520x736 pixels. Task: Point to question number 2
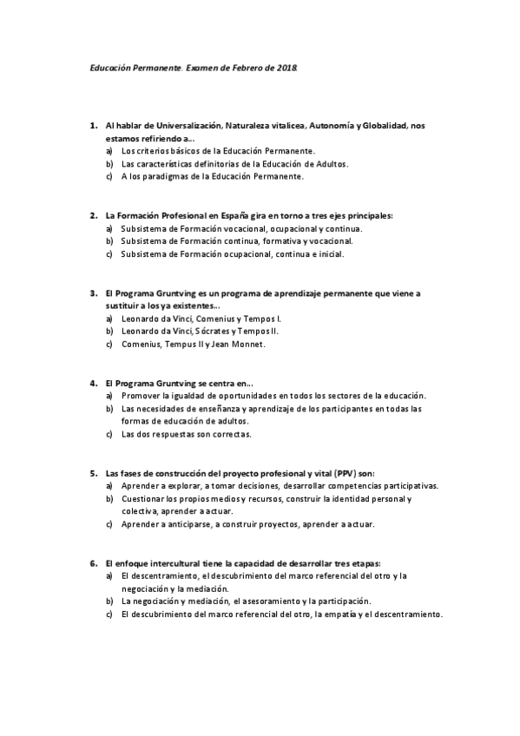(x=93, y=214)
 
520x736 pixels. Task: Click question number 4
(x=93, y=383)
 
